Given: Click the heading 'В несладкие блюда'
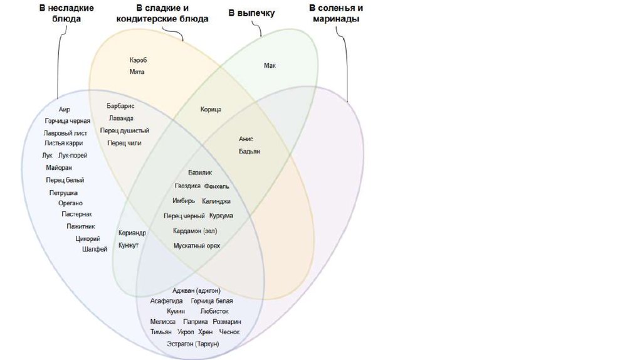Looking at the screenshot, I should [x=66, y=13].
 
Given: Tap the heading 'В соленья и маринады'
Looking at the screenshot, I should [x=335, y=13].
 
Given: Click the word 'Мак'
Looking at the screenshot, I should [x=270, y=65].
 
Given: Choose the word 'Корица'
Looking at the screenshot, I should [x=211, y=109].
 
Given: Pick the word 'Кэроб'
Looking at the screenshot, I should [x=138, y=60].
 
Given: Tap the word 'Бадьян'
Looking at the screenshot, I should [x=249, y=151].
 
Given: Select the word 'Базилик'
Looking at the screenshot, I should [x=201, y=172].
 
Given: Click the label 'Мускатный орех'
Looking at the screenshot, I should [x=197, y=245].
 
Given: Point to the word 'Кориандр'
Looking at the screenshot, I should [x=132, y=233].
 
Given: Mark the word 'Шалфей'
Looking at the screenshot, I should [x=95, y=249].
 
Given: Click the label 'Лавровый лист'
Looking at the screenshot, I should [x=65, y=133].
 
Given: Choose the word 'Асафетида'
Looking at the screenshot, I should [x=166, y=301].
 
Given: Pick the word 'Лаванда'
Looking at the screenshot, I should [x=120, y=118].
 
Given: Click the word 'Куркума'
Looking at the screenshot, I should [x=221, y=216].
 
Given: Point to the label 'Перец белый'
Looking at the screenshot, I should [x=65, y=180].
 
